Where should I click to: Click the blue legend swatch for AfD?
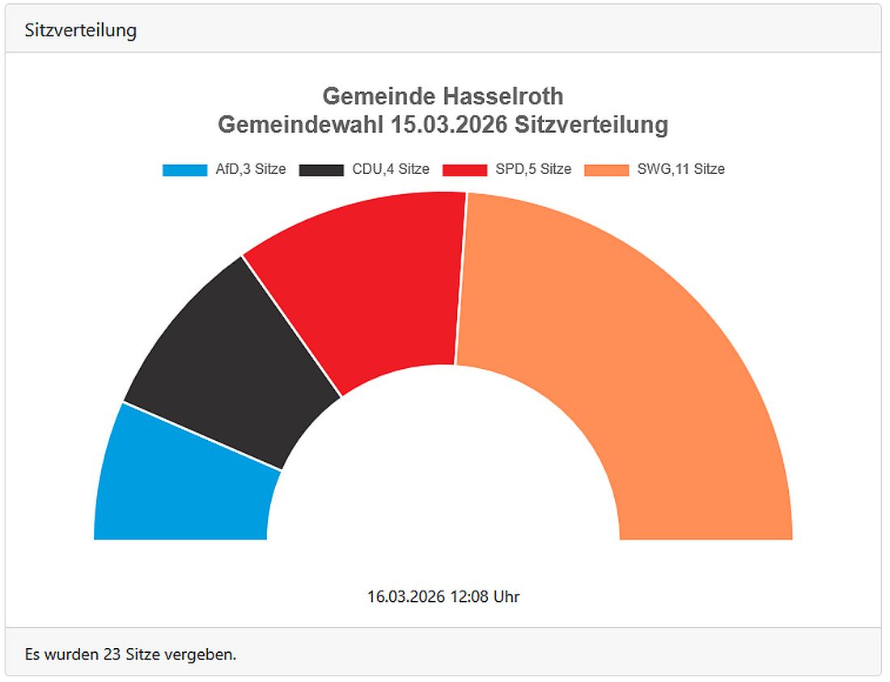185,170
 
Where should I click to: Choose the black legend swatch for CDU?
322,170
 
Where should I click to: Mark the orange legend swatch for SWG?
607,170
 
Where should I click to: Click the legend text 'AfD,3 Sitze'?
251,170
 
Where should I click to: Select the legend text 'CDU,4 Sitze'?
391,170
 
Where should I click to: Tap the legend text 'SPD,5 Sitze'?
533,170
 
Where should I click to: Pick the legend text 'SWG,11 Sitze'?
680,170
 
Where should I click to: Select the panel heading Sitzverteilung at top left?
81,30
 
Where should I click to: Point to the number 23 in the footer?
112,654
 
